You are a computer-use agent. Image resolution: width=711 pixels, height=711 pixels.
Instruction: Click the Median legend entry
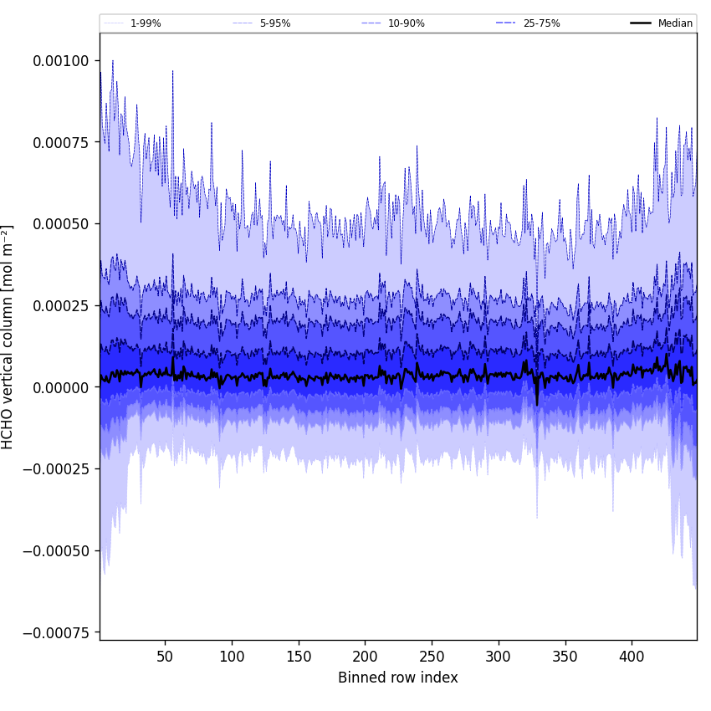pos(675,23)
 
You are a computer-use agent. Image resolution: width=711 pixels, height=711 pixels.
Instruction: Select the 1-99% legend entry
pos(146,23)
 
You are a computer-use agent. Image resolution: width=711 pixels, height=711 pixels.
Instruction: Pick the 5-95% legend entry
pos(275,23)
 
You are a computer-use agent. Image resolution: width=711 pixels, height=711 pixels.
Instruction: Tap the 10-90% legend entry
pos(406,23)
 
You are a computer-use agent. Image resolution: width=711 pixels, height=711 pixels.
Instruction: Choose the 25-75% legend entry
pos(541,23)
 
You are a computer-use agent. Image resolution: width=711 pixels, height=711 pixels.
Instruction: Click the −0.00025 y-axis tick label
pos(56,468)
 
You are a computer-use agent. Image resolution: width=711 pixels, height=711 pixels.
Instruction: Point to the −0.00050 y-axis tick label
pos(56,550)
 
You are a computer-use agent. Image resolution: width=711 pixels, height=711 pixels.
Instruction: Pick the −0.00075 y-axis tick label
pos(56,632)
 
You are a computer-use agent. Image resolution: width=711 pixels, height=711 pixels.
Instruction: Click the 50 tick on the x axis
pos(165,657)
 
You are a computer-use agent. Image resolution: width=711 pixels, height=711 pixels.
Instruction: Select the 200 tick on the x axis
pos(365,657)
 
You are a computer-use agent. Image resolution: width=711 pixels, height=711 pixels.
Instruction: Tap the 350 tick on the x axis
pos(565,657)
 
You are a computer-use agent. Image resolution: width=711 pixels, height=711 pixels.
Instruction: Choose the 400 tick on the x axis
pos(632,657)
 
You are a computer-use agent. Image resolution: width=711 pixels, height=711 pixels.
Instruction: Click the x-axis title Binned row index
pos(398,678)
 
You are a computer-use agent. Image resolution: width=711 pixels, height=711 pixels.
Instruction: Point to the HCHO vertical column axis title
pos(8,337)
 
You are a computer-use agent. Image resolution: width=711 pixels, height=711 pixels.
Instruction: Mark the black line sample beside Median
pos(642,23)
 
